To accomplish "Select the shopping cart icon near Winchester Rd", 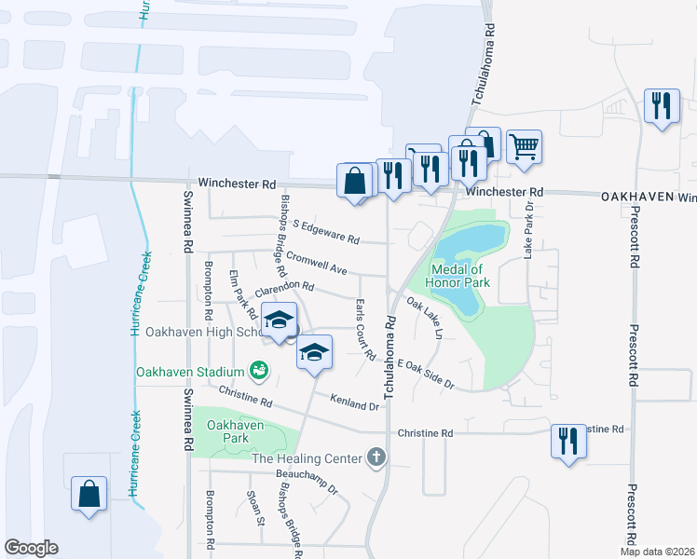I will tap(524, 146).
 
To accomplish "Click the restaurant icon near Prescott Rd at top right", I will tap(662, 106).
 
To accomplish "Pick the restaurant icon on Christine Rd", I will tap(568, 441).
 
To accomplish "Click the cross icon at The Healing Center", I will tap(376, 457).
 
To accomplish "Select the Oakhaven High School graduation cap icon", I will tap(278, 320).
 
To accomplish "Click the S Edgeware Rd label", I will tap(325, 232).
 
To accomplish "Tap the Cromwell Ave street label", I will tap(317, 263).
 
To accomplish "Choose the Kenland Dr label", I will tap(354, 401).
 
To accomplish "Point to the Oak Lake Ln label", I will tap(424, 318).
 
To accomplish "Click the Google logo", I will tap(31, 548).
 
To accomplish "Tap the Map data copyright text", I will tap(657, 552).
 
